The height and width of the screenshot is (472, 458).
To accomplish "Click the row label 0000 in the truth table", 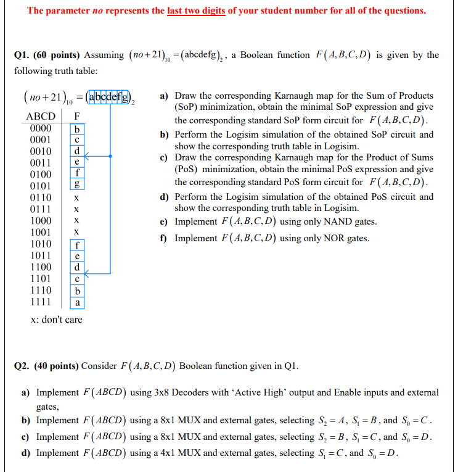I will point(40,128).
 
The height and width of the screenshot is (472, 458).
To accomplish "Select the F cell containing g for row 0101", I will point(76,186).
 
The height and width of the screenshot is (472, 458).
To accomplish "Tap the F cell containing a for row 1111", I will point(76,302).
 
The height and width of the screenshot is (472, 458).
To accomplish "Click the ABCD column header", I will point(41,116).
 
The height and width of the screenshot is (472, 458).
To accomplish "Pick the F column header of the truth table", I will point(76,116).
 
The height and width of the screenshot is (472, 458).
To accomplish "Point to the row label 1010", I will point(40,244).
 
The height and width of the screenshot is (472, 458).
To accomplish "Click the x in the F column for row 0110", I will point(76,197).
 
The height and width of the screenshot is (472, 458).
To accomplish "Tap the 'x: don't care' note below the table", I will point(56,320).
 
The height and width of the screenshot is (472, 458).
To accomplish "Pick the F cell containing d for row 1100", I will point(76,268).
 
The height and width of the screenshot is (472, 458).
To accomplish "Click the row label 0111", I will point(40,209).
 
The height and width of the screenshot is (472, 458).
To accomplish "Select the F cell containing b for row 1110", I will point(76,291).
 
